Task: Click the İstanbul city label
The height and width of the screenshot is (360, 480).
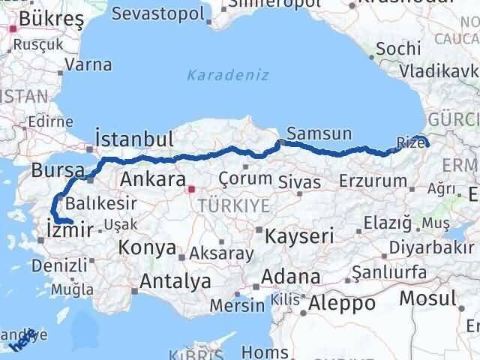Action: pos(135,139)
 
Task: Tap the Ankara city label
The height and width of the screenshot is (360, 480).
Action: pos(152,180)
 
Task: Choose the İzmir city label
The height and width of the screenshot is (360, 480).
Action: pos(69,228)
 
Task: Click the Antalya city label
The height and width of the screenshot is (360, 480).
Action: pos(175,282)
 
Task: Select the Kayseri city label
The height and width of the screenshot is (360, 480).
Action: pos(299,235)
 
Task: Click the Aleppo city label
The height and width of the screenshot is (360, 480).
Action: pos(340,304)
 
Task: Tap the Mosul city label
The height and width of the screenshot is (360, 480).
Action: pos(427,298)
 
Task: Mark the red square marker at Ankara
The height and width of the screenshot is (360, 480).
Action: pos(191,190)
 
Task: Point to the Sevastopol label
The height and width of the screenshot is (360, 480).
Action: pos(158,13)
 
